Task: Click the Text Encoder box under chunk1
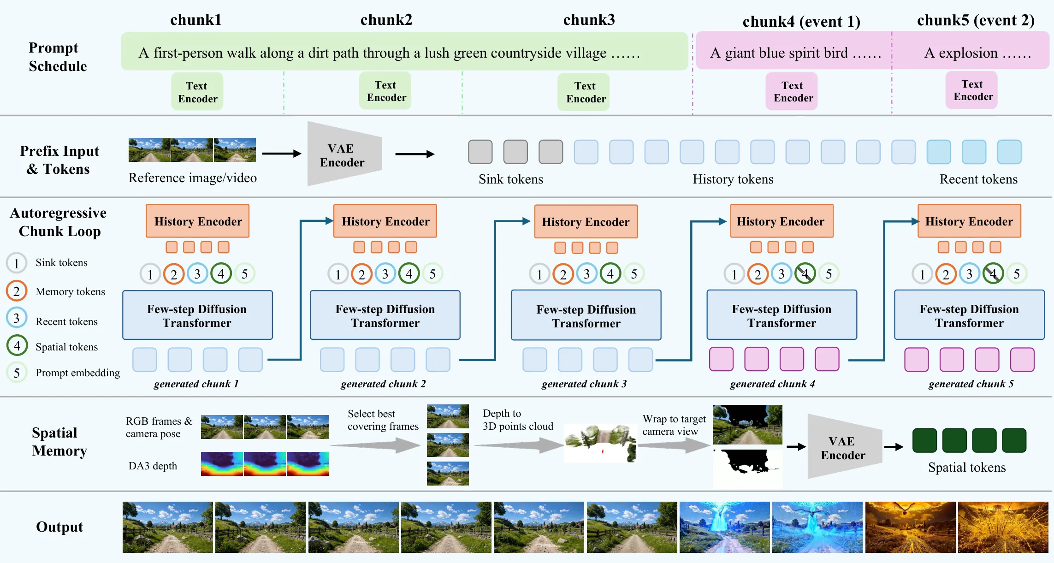tap(197, 92)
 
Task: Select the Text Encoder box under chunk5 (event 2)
tap(972, 90)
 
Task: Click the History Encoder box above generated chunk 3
tap(586, 222)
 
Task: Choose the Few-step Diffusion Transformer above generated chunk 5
tap(969, 315)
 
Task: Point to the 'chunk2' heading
tap(386, 20)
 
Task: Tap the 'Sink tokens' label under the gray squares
tap(511, 179)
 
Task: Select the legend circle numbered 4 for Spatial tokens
tap(17, 346)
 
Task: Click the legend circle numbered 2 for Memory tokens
tap(17, 291)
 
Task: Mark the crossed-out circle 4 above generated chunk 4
tap(805, 274)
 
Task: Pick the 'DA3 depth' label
tap(153, 466)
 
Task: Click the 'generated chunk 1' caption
tap(196, 384)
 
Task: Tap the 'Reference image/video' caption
tap(193, 178)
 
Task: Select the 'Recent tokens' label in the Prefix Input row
tap(978, 179)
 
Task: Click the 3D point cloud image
tap(600, 443)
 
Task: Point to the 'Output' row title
tap(59, 527)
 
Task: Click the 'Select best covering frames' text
tap(383, 420)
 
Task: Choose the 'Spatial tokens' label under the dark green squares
tap(967, 468)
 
